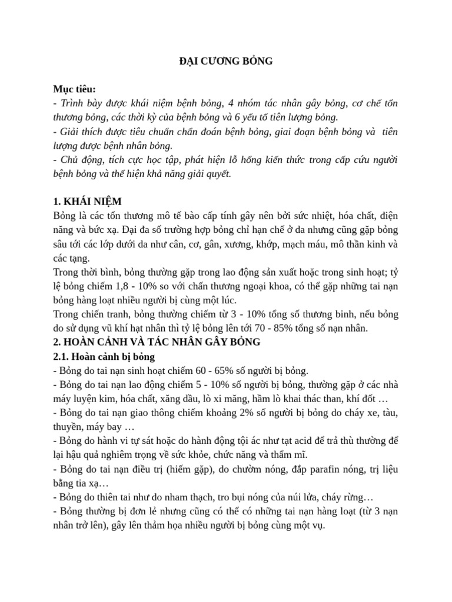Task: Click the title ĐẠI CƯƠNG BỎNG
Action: point(226,62)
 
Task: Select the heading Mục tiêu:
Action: point(74,89)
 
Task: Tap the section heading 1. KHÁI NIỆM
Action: point(87,202)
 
